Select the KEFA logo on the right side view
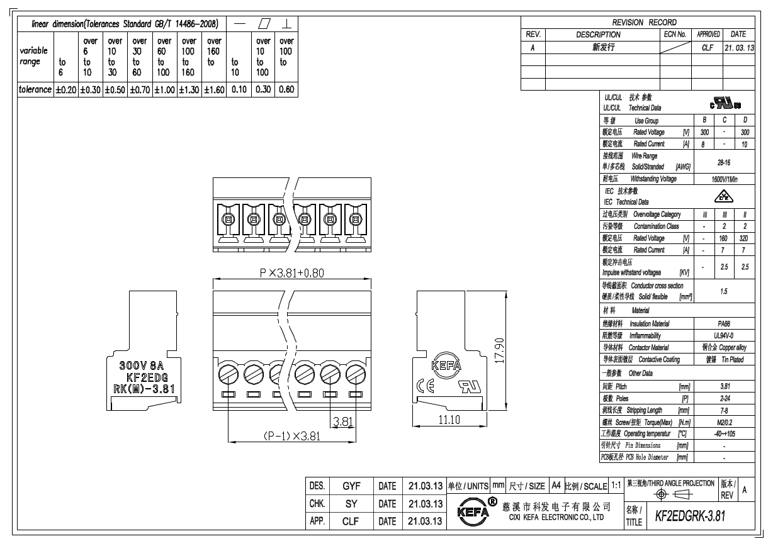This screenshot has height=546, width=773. tap(446, 366)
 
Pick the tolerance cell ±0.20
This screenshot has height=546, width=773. tap(66, 90)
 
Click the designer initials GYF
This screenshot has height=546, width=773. tap(351, 486)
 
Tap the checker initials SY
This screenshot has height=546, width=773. tap(351, 504)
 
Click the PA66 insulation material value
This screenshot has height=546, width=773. tap(724, 323)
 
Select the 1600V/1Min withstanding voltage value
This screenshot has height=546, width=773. tap(724, 179)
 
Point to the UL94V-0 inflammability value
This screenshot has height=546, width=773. tap(724, 335)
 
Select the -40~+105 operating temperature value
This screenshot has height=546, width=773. tap(724, 435)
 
